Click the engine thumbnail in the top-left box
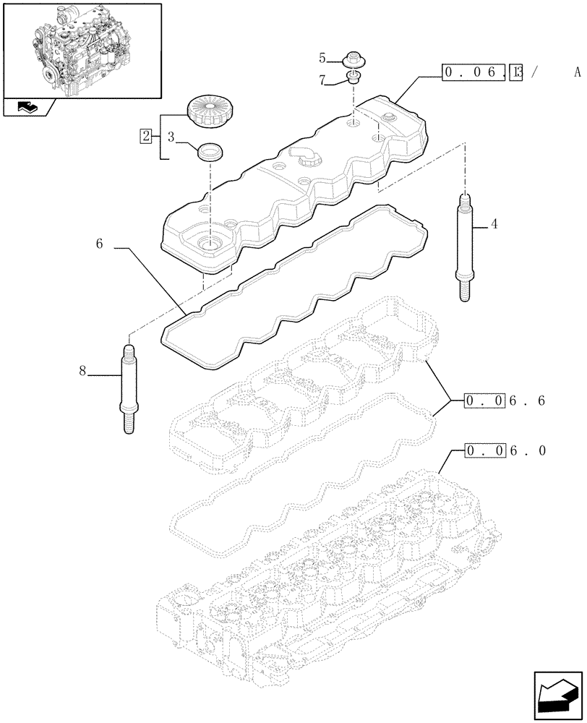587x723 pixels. pos(82,49)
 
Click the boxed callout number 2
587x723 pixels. pos(147,135)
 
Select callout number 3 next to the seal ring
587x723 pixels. pos(171,135)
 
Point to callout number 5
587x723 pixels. pos(322,56)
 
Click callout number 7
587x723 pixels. pos(322,82)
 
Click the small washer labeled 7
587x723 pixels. pos(354,77)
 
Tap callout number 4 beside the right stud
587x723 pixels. pos(494,225)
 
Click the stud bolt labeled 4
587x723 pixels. pos(463,246)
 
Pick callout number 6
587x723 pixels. pos(98,245)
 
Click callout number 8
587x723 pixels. pos(82,371)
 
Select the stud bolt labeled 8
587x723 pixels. pos(127,390)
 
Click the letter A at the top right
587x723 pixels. pos(576,72)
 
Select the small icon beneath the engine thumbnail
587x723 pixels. pos(27,108)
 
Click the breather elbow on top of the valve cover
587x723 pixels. pos(303,154)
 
